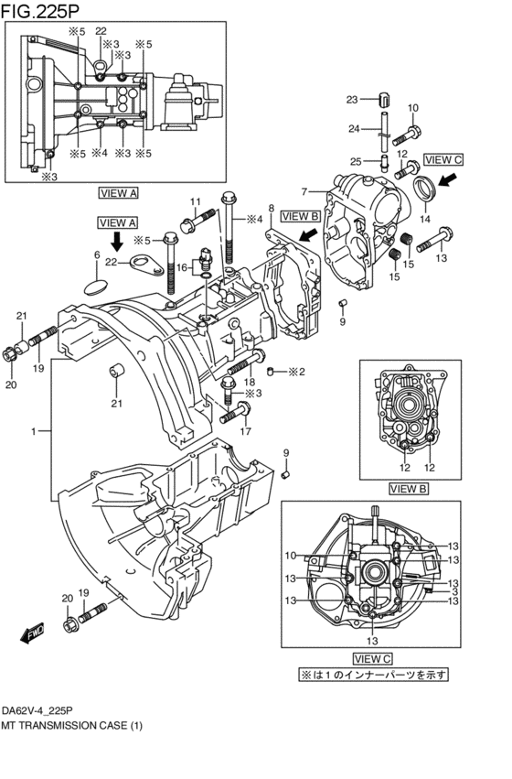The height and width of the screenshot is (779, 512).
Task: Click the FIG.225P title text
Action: click(x=39, y=10)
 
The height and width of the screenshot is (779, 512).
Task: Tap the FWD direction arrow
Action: click(x=33, y=633)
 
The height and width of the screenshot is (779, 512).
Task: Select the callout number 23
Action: click(x=352, y=100)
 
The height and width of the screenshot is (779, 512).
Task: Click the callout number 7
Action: click(x=304, y=191)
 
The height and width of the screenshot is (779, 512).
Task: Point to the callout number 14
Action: click(x=425, y=219)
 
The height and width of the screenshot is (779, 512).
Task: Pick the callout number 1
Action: click(x=33, y=431)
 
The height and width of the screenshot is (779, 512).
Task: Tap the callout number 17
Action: click(x=246, y=431)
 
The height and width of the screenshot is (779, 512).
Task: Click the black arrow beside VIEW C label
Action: click(x=450, y=179)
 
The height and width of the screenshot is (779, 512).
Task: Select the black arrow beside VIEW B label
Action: click(x=310, y=233)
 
